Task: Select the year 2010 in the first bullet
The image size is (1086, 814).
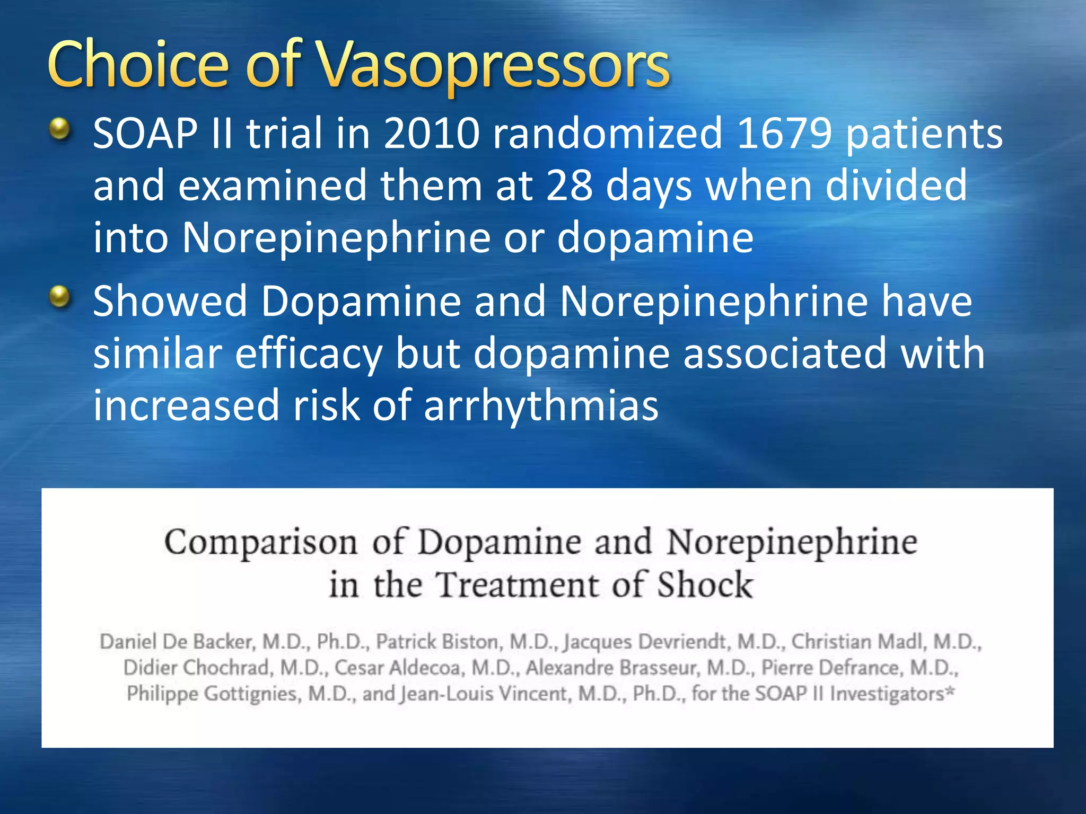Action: (x=432, y=134)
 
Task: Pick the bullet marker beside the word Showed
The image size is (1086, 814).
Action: (x=60, y=297)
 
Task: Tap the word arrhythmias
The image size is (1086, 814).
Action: (x=541, y=405)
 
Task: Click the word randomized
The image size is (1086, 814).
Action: (x=608, y=134)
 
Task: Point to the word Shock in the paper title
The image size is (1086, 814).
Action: (x=705, y=585)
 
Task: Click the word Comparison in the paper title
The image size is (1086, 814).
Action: (x=260, y=543)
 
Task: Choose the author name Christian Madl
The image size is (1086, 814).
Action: (x=857, y=642)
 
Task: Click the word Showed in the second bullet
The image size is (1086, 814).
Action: (x=170, y=302)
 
